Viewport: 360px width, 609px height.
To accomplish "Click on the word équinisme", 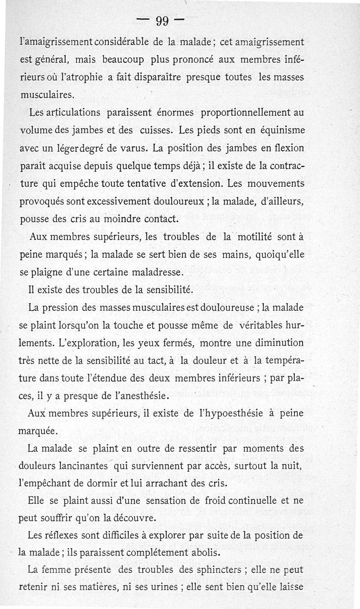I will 279,130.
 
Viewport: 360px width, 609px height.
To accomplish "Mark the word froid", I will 199,500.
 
